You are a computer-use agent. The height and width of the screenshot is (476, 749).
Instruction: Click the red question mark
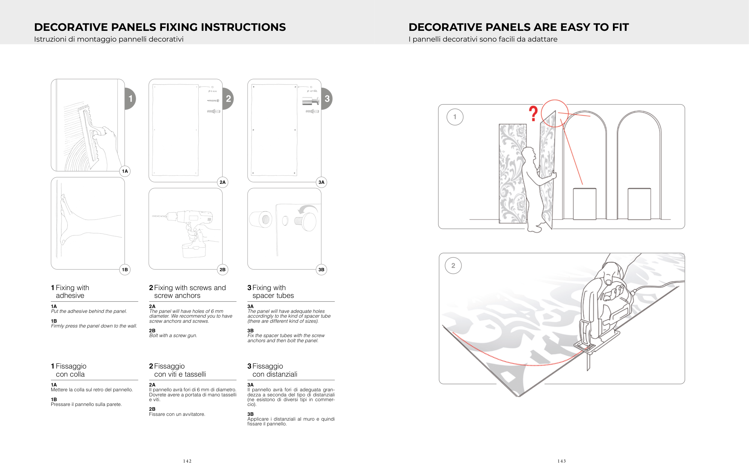coord(533,113)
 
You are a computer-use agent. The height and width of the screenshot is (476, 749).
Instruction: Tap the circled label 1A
coord(125,171)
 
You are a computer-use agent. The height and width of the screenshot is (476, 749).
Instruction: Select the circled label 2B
coord(222,270)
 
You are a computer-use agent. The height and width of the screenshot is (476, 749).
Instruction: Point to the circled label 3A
coord(321,182)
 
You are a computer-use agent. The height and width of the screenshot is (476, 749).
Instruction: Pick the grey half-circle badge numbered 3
coord(327,99)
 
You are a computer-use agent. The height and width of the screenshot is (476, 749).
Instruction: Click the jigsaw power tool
coord(603,314)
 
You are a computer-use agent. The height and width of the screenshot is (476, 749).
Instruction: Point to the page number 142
coord(187,461)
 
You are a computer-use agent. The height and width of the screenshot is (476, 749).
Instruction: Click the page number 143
coord(562,461)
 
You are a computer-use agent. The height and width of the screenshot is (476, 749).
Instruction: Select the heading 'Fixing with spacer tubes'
coord(271,292)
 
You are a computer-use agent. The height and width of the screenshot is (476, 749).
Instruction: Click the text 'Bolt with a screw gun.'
coord(173,336)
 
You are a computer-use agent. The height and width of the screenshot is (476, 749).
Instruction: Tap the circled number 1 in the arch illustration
coord(455,117)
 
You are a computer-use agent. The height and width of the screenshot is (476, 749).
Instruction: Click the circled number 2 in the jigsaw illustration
coord(453,266)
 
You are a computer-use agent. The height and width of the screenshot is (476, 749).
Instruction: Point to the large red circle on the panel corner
coord(554,113)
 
